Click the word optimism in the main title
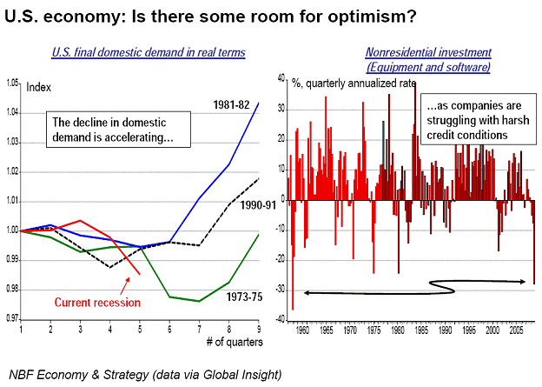tap(372, 17)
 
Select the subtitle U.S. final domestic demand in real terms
tap(149, 52)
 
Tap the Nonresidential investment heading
tap(428, 52)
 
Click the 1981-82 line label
tap(231, 104)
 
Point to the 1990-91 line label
tap(258, 205)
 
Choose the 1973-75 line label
tap(244, 297)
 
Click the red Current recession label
tap(97, 303)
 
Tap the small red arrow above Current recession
tap(124, 286)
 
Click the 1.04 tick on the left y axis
tap(12, 112)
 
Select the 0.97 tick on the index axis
tap(12, 318)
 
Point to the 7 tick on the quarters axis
tap(199, 329)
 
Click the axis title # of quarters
tap(235, 342)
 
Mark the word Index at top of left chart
tap(39, 87)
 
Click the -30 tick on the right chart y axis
tap(280, 290)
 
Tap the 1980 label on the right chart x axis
tap(398, 330)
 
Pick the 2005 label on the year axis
tap(516, 330)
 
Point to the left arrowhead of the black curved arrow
tap(307, 293)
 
